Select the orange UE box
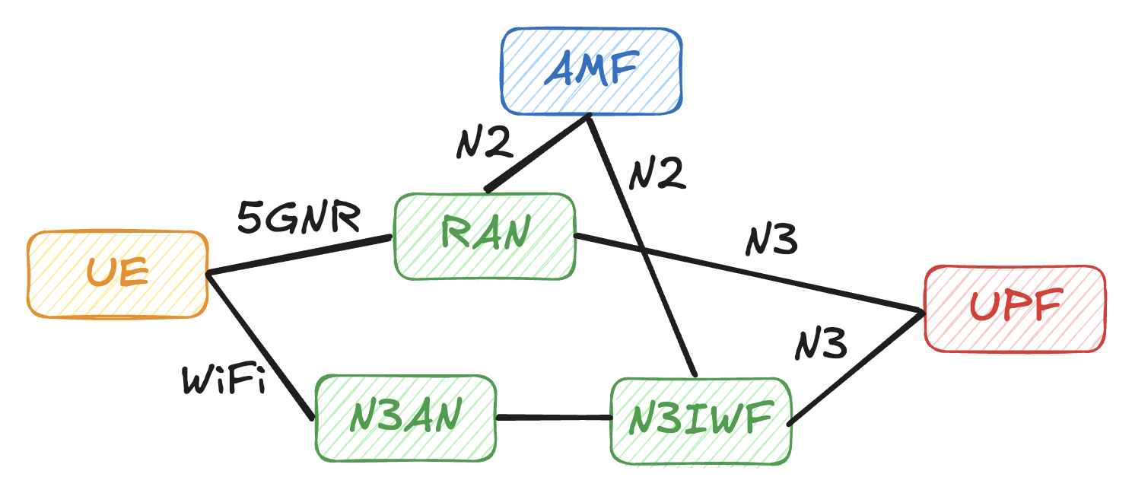coord(118,274)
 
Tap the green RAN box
coord(484,236)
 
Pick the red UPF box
coord(1014,308)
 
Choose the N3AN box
coord(405,418)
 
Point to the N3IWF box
coord(701,421)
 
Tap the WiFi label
coord(224,380)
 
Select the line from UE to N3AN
coord(259,346)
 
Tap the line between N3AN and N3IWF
coord(554,417)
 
